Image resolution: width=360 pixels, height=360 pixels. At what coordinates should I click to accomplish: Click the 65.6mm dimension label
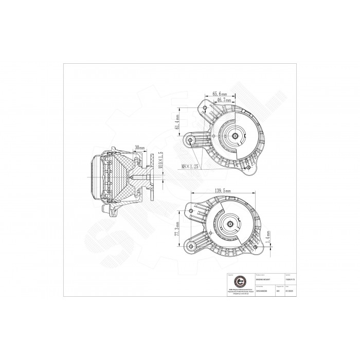[x=220, y=94]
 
